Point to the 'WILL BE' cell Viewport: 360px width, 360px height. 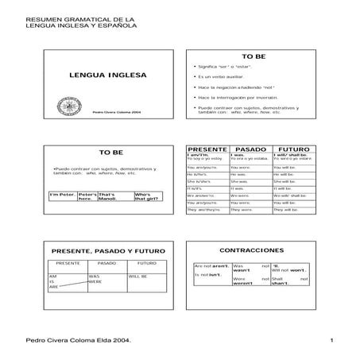point(138,277)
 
